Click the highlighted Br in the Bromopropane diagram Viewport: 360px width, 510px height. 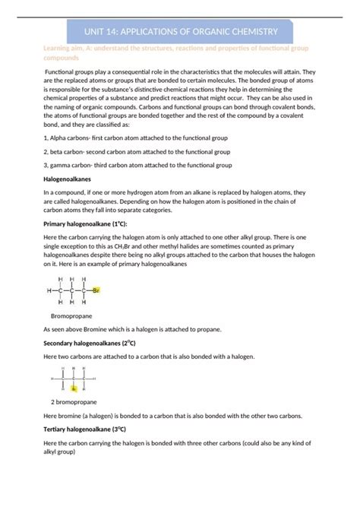click(x=96, y=290)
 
